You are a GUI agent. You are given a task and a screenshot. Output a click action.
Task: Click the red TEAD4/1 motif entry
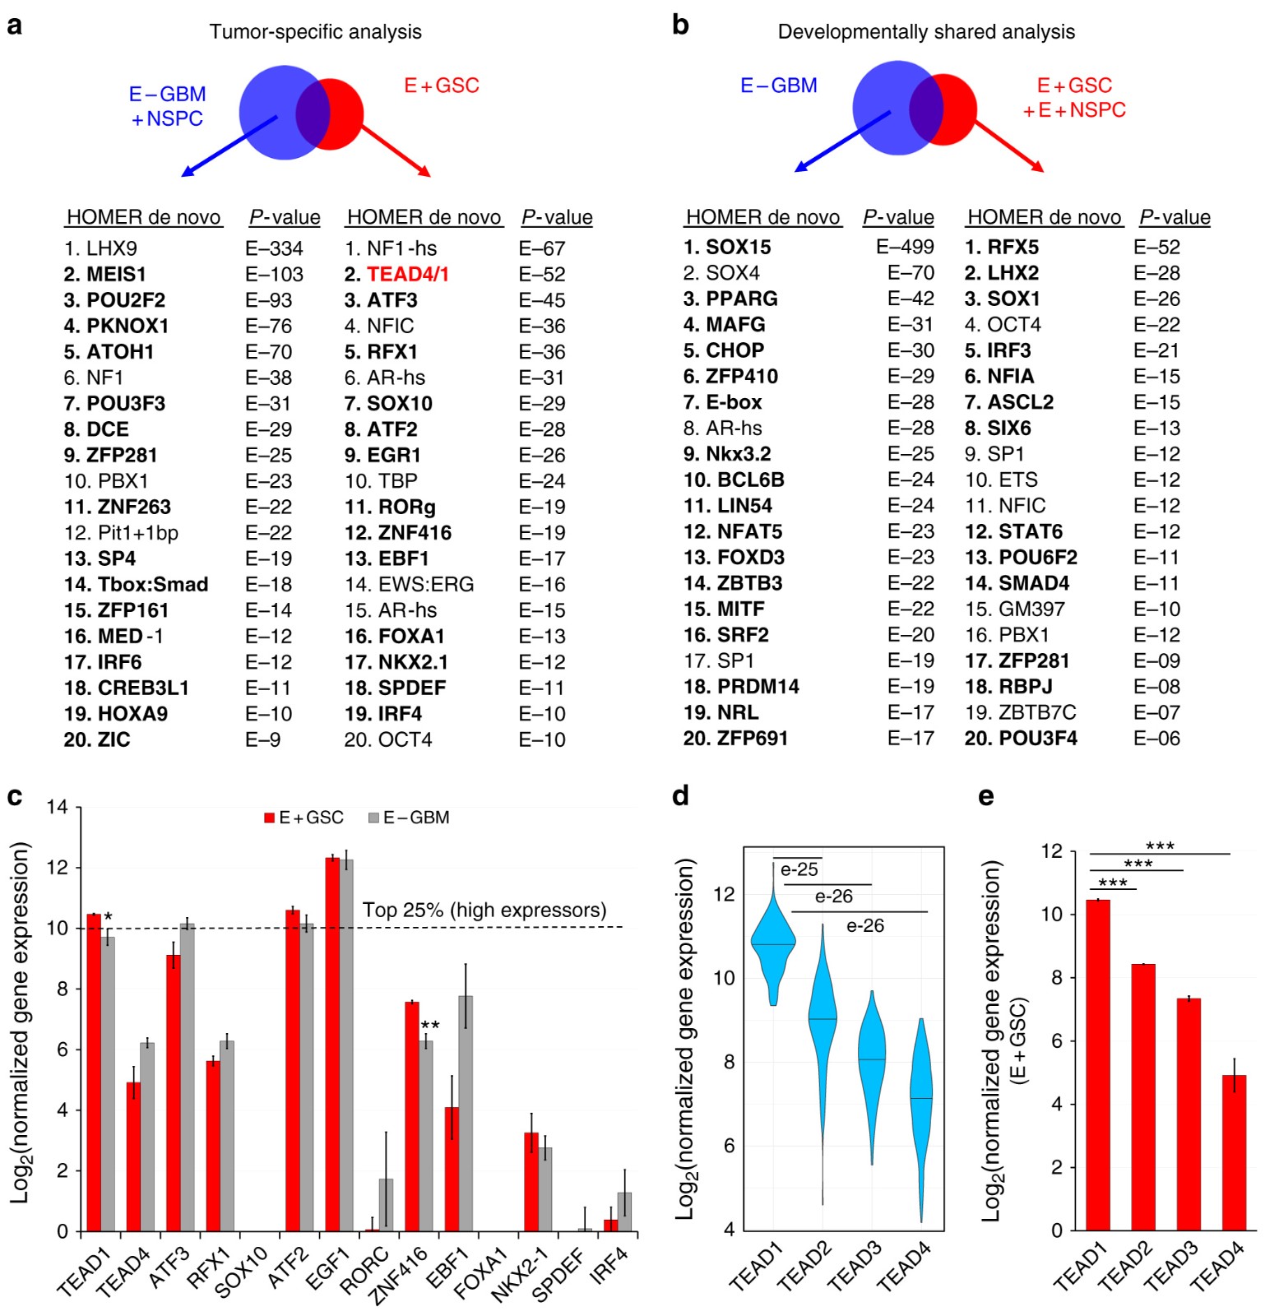point(407,274)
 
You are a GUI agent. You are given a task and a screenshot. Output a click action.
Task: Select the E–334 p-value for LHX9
point(274,248)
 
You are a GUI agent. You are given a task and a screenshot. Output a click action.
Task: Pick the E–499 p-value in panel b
point(905,247)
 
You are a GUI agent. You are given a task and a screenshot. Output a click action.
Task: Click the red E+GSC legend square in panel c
point(269,818)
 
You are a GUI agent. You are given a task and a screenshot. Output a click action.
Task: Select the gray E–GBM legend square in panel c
point(373,818)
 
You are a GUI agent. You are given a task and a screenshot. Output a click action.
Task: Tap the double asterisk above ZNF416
point(430,1026)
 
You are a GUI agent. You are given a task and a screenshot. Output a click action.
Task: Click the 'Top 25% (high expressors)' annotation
point(484,911)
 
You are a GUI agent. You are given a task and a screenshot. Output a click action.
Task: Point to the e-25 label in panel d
point(799,869)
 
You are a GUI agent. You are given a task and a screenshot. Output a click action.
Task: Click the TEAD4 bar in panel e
point(1234,1151)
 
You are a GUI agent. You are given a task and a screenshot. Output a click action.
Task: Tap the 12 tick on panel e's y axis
point(1052,851)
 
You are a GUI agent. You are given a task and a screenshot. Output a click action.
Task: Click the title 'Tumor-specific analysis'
point(315,32)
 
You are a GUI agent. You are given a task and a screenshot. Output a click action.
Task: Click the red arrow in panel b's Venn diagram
point(1008,146)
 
